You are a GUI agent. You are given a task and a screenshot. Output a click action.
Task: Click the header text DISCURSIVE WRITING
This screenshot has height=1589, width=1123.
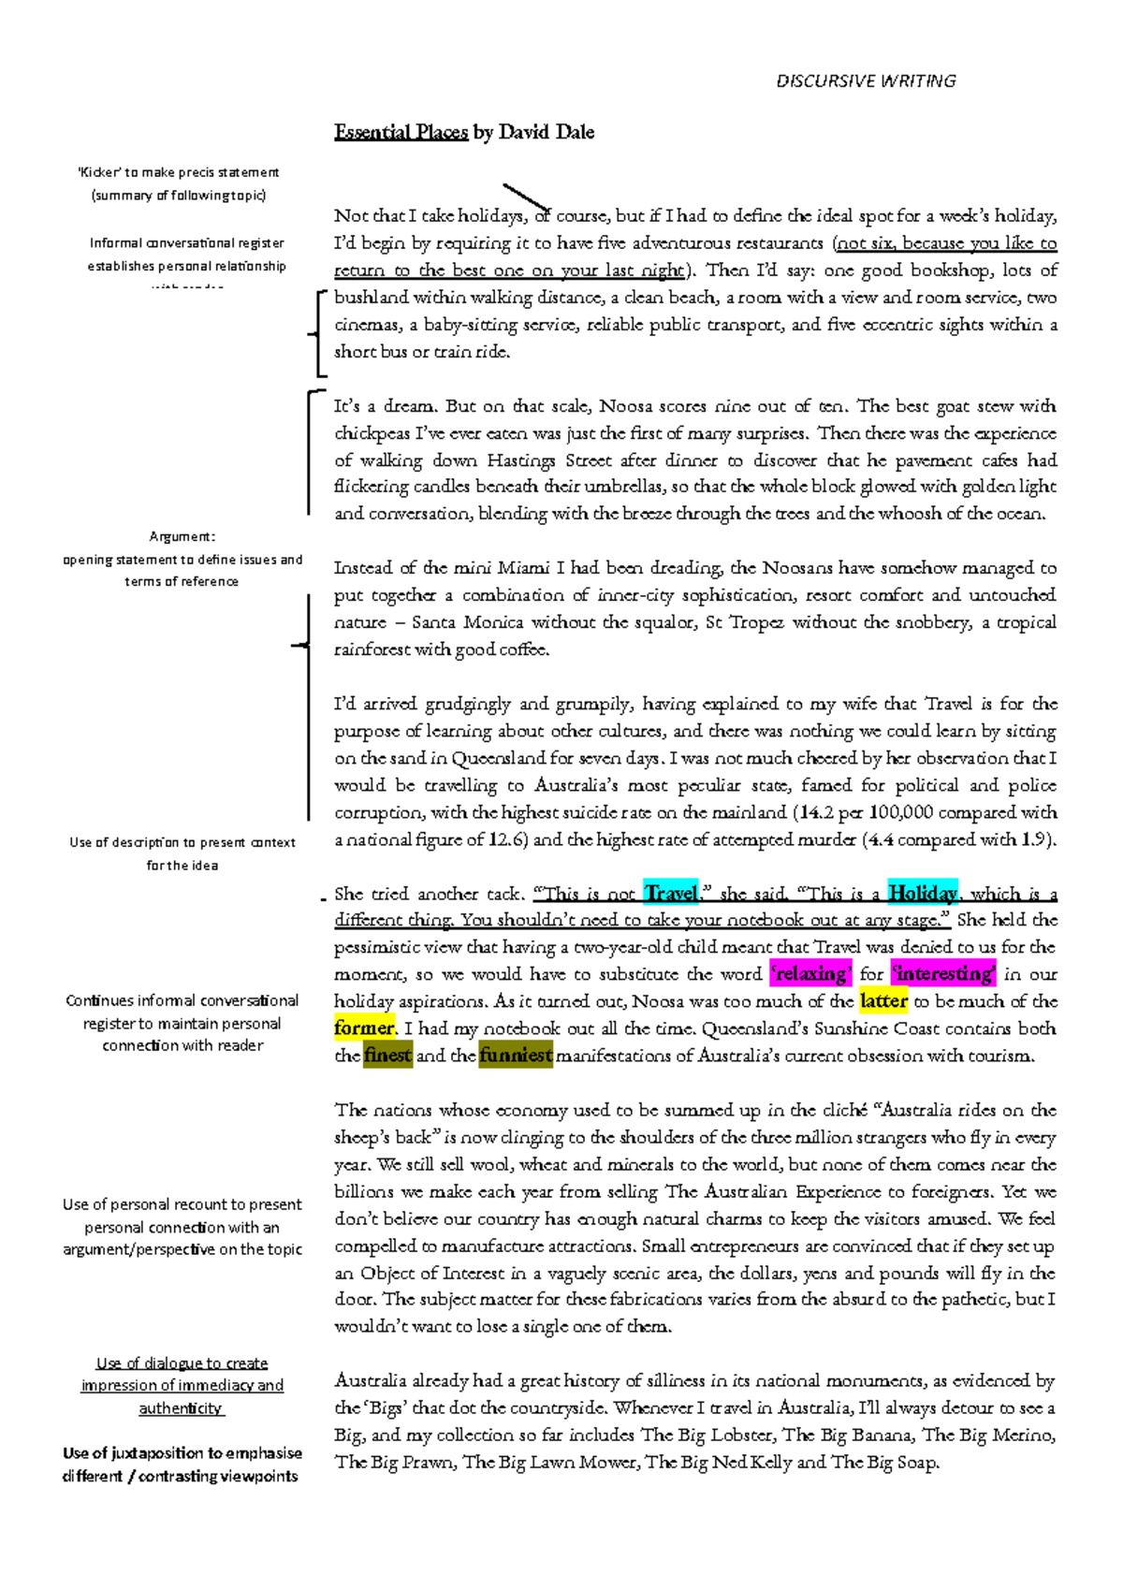pos(866,81)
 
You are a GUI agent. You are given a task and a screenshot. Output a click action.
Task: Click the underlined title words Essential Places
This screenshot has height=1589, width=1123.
pos(401,132)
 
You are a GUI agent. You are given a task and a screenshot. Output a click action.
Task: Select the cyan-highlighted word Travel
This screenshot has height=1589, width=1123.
pos(671,894)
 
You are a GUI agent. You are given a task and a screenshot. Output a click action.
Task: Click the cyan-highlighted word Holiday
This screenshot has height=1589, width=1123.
pos(923,894)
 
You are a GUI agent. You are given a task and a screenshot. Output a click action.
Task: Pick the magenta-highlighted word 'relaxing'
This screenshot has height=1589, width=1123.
pos(810,974)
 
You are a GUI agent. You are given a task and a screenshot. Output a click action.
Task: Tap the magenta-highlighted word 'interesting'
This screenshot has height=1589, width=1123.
pos(942,974)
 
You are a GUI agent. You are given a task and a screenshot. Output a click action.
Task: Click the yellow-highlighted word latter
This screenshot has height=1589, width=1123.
pos(883,1001)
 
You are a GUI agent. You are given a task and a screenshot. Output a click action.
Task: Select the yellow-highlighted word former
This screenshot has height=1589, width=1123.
pos(365,1028)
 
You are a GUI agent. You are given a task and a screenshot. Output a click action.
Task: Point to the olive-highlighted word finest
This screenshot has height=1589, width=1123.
pos(387,1056)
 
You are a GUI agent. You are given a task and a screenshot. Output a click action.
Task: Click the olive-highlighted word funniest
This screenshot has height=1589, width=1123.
pos(516,1056)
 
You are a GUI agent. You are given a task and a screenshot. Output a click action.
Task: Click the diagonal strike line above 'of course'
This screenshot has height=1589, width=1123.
pos(525,198)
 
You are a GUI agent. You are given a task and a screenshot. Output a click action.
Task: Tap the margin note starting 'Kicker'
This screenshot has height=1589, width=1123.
pos(178,172)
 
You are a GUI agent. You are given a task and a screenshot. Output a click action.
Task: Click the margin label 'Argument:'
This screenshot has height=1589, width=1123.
pos(182,536)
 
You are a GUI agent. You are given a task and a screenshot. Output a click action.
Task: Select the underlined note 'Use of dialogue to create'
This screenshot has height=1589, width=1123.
pos(182,1363)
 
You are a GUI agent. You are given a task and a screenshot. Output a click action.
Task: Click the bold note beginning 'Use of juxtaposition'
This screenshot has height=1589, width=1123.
pos(182,1453)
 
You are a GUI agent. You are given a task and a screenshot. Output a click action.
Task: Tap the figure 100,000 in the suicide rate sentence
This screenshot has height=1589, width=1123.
pos(901,812)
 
